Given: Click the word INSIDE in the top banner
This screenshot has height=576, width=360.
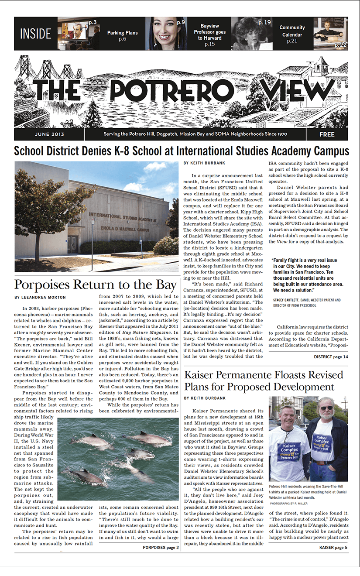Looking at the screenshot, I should click(x=36, y=34).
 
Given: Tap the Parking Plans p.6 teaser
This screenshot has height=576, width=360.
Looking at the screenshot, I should click(x=122, y=35).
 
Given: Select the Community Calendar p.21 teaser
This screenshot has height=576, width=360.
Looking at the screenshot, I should click(x=292, y=34).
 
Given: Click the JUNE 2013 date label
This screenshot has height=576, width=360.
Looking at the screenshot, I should click(x=49, y=134).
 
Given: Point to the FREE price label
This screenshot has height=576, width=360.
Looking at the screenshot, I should click(x=327, y=134).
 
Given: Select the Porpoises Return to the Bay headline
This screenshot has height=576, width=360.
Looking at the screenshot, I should click(x=95, y=285).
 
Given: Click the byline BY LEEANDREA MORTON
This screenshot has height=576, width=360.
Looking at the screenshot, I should click(x=40, y=298).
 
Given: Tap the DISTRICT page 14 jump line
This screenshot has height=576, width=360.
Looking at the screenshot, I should click(x=331, y=357).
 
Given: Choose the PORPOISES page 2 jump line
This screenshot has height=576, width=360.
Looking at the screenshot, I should click(x=161, y=548).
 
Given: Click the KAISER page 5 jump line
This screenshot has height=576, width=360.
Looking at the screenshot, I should click(x=333, y=548).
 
